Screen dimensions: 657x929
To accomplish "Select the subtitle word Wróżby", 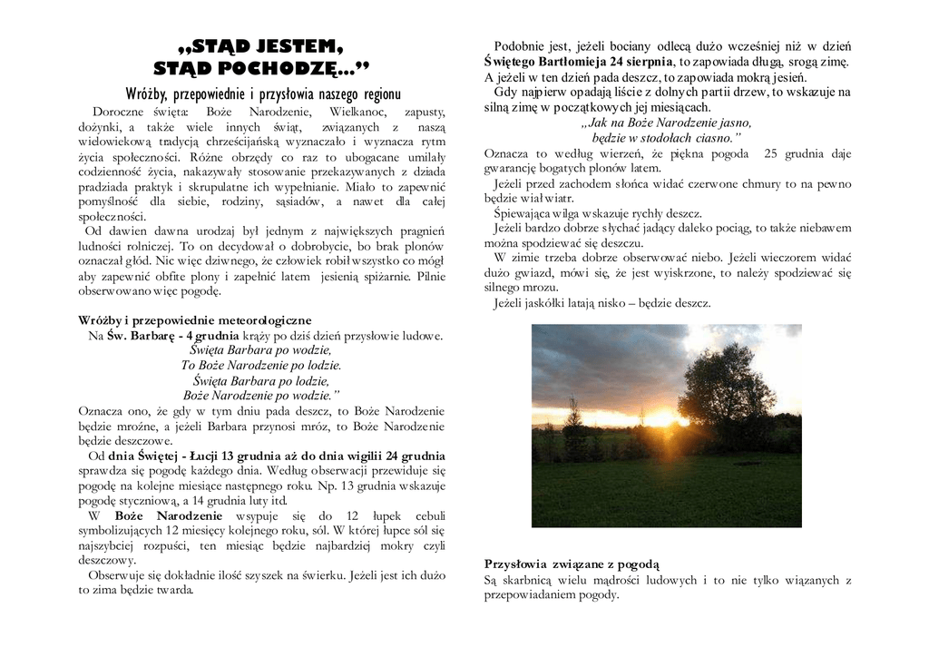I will [x=150, y=94].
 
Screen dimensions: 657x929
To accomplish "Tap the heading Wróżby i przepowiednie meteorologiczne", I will [x=195, y=320].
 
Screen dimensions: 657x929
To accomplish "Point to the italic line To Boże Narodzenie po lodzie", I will [x=261, y=365].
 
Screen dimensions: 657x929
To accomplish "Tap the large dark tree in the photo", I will [x=726, y=386].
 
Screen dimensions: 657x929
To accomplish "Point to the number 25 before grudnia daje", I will [x=772, y=153].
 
